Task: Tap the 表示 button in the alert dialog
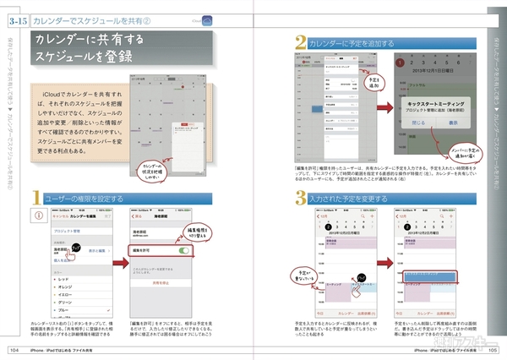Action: click(453, 123)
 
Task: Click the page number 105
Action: click(490, 348)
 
